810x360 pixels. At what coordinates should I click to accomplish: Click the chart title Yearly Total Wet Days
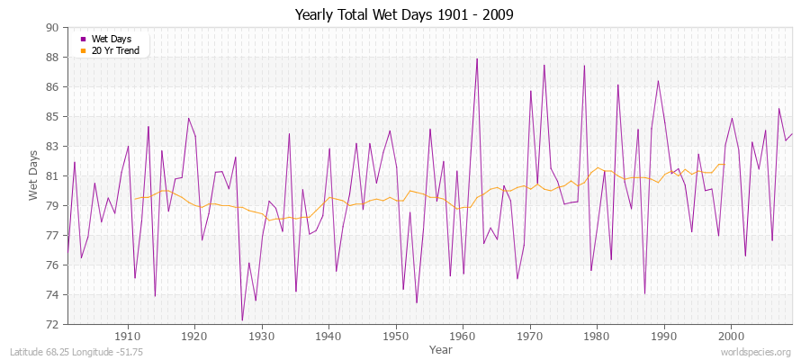click(404, 15)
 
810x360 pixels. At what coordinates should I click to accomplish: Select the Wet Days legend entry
click(111, 40)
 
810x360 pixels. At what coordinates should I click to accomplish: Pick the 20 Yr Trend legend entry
click(115, 50)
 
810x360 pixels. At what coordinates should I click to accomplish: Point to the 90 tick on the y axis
click(51, 28)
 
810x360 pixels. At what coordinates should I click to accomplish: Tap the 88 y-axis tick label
click(51, 58)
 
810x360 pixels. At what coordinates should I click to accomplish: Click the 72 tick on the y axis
click(51, 324)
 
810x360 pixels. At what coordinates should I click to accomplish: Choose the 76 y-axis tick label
click(51, 265)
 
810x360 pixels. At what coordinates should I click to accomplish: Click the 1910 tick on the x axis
click(127, 335)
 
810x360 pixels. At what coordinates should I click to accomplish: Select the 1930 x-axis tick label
click(261, 335)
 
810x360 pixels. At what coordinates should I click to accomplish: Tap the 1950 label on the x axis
click(396, 335)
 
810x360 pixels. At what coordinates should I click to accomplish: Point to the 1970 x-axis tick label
click(530, 335)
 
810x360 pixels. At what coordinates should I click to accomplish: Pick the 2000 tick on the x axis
click(732, 335)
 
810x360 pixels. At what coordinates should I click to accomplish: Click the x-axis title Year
click(441, 348)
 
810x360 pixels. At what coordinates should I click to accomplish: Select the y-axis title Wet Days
click(34, 176)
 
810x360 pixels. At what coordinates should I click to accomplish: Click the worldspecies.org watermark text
click(756, 353)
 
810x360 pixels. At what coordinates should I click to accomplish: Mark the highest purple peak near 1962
click(477, 58)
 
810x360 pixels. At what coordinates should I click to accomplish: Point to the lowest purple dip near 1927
click(242, 320)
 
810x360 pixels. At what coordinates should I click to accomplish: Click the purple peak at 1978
click(584, 65)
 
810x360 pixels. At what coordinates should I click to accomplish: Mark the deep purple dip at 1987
click(645, 293)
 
